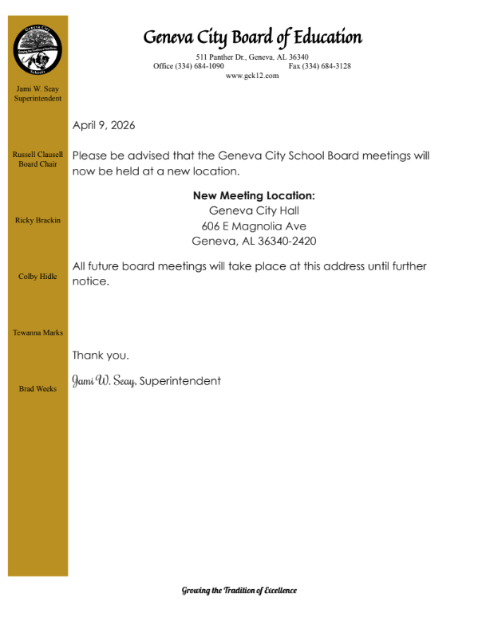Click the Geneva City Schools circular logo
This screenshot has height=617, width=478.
pyautogui.click(x=38, y=49)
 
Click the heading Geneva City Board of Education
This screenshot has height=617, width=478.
pyautogui.click(x=252, y=37)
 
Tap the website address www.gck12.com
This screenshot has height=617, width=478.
pyautogui.click(x=252, y=75)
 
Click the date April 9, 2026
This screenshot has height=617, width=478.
pyautogui.click(x=104, y=125)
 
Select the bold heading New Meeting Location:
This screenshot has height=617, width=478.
pyautogui.click(x=255, y=195)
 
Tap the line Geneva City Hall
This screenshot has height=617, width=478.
pyautogui.click(x=255, y=210)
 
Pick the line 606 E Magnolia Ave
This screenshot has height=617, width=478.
pyautogui.click(x=255, y=226)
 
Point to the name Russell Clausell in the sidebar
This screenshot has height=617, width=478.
pyautogui.click(x=38, y=154)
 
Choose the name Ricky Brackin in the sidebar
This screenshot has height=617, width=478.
pyautogui.click(x=38, y=220)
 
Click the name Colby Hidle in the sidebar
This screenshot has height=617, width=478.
pyautogui.click(x=38, y=277)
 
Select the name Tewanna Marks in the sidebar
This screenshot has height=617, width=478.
pyautogui.click(x=38, y=332)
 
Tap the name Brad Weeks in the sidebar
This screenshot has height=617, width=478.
pyautogui.click(x=38, y=389)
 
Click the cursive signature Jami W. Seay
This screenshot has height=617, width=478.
pyautogui.click(x=104, y=381)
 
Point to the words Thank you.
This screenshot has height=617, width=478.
pyautogui.click(x=101, y=355)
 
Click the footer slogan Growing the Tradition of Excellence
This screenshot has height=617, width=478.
pyautogui.click(x=239, y=591)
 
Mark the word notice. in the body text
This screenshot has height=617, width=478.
pyautogui.click(x=90, y=281)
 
